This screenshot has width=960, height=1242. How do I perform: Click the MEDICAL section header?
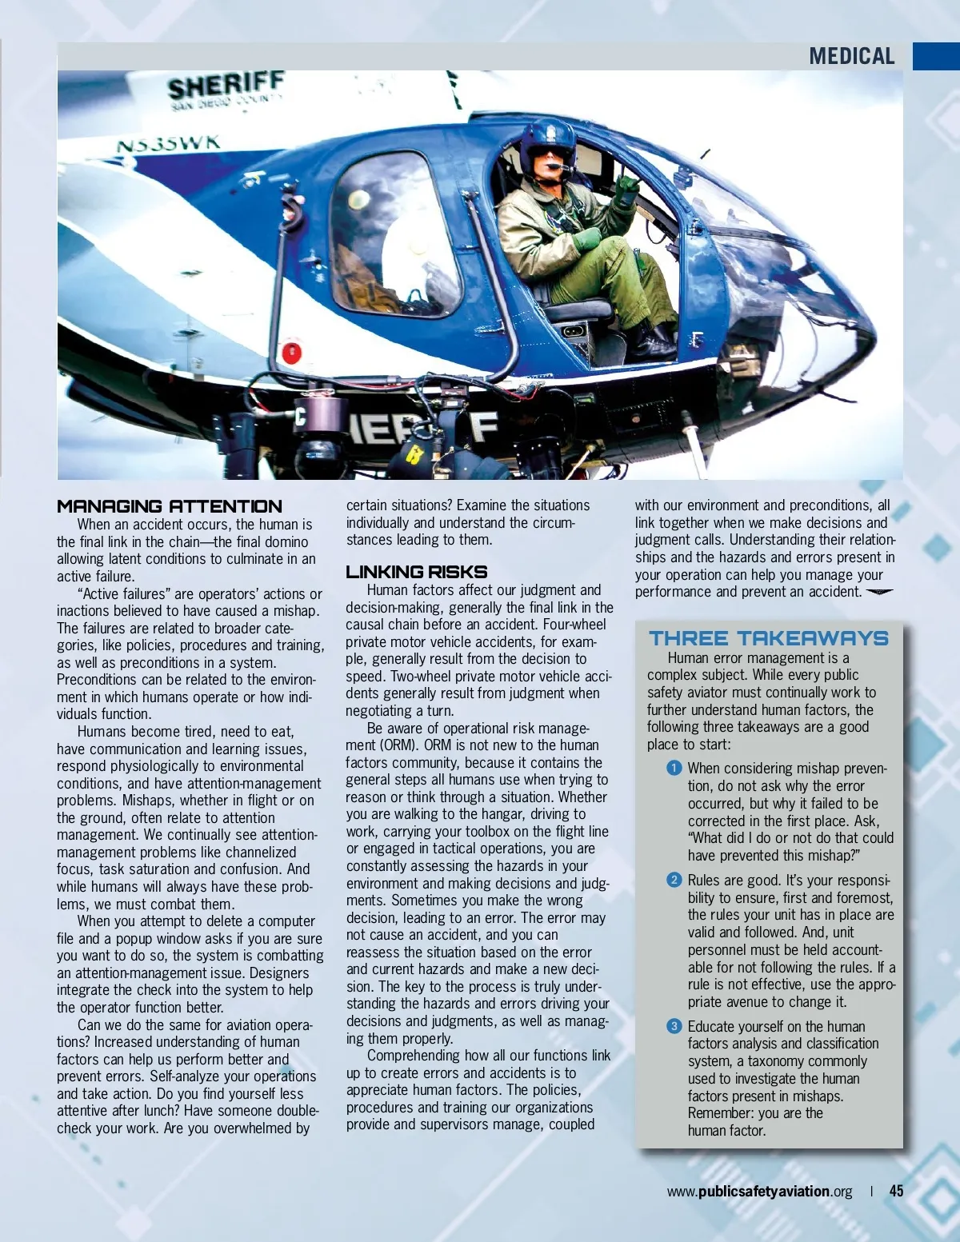[x=851, y=56]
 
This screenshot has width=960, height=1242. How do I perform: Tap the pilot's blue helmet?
[x=547, y=143]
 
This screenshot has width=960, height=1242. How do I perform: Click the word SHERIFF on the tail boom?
[x=226, y=86]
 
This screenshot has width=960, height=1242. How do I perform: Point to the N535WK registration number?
[x=168, y=145]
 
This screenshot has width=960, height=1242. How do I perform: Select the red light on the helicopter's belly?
[x=291, y=351]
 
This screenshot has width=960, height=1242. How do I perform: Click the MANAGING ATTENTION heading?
[x=170, y=506]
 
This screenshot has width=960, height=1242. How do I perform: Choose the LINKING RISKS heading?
[x=416, y=572]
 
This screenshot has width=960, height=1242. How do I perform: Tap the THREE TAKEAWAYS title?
[x=768, y=638]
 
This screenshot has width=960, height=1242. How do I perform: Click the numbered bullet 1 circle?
[x=674, y=768]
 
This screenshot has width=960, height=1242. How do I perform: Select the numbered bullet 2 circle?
[x=674, y=880]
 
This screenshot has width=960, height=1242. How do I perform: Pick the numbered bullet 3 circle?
[x=674, y=1026]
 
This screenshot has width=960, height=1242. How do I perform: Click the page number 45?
[x=896, y=1191]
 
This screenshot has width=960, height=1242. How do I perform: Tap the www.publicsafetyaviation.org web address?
[x=759, y=1191]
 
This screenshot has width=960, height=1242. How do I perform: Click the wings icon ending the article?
[x=880, y=592]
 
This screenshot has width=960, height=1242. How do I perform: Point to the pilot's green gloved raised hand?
[x=626, y=191]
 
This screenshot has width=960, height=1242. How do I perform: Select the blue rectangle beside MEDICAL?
[x=936, y=56]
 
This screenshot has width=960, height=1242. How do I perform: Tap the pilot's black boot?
[x=654, y=341]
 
